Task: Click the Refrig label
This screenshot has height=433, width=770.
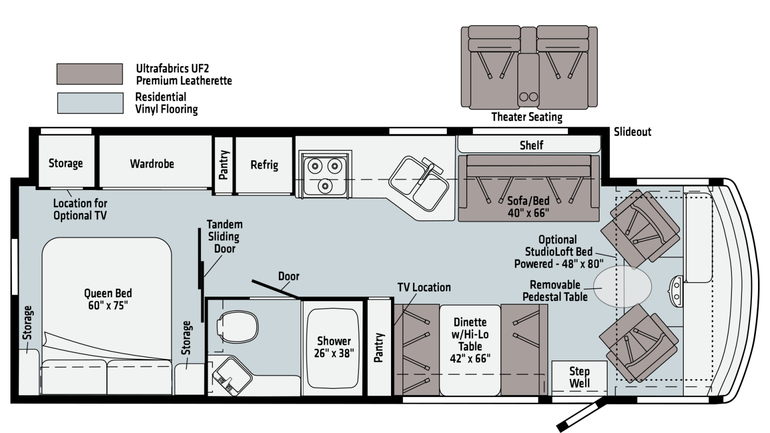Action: (x=264, y=165)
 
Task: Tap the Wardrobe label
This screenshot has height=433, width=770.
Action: (x=152, y=164)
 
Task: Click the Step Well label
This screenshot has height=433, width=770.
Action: (x=580, y=377)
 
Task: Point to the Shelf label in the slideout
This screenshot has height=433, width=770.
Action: (x=531, y=145)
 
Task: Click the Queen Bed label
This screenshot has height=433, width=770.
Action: (x=108, y=299)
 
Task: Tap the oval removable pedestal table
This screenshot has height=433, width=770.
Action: (x=623, y=287)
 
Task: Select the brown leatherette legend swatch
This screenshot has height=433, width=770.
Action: (x=90, y=74)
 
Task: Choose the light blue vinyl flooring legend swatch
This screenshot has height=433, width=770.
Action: (x=90, y=103)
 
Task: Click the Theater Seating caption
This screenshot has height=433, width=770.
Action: (x=527, y=117)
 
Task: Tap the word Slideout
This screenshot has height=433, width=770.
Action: (x=633, y=132)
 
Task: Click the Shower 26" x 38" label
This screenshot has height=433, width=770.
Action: (x=334, y=347)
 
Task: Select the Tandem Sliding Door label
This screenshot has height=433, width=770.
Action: (x=225, y=237)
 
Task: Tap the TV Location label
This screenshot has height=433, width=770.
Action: (x=424, y=287)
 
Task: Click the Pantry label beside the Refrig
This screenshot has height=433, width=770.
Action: (x=224, y=165)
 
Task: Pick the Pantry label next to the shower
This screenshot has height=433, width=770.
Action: (x=378, y=347)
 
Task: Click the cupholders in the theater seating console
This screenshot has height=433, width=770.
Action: (x=528, y=97)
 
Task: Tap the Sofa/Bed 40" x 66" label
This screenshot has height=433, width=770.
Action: (x=528, y=207)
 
